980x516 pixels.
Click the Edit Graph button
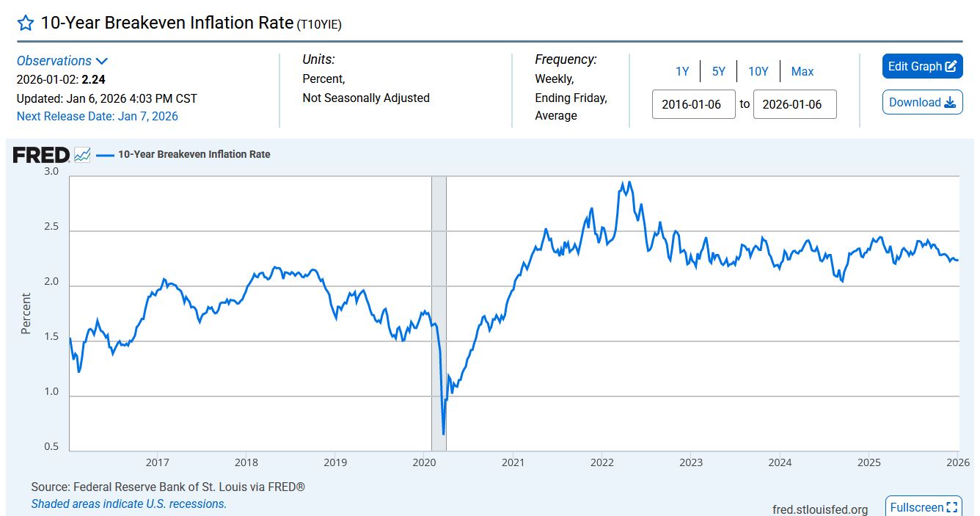click(922, 66)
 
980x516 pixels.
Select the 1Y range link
click(682, 71)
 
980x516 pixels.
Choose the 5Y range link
click(718, 71)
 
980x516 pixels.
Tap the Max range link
click(802, 71)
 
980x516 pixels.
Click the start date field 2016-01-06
click(693, 104)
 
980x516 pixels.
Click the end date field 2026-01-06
click(794, 104)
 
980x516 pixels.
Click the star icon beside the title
click(26, 23)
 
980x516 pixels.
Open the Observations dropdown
click(62, 61)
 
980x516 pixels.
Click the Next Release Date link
click(97, 116)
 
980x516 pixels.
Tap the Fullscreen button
click(923, 507)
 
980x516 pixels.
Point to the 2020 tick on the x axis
click(424, 462)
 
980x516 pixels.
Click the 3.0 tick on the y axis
click(51, 171)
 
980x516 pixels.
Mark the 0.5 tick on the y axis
click(51, 446)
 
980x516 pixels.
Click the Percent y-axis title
click(26, 313)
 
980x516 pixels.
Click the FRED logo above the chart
click(41, 155)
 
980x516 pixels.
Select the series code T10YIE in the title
click(319, 24)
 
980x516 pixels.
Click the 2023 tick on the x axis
click(691, 462)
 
